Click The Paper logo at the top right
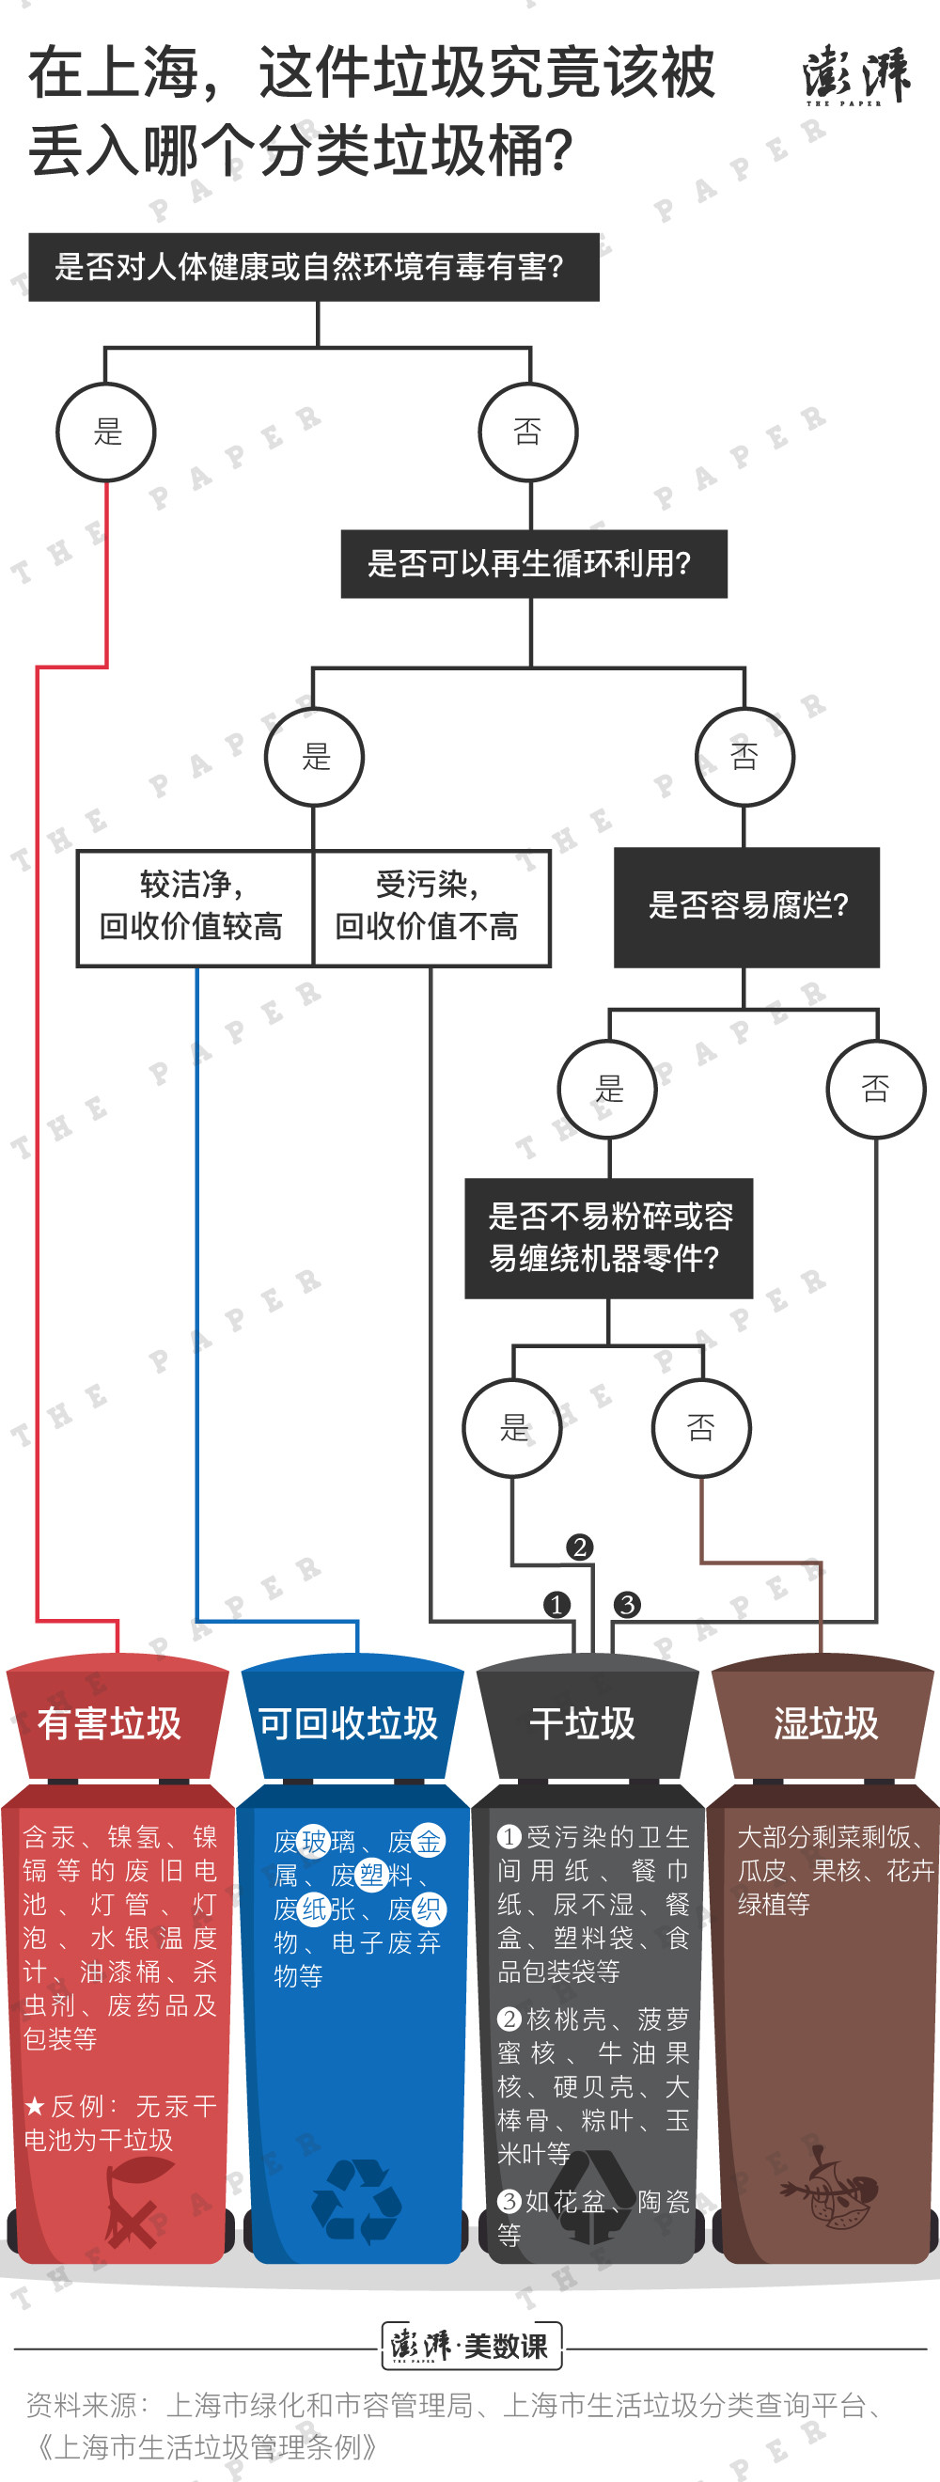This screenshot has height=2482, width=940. point(855,74)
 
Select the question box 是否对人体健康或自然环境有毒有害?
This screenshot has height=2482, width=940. point(314,267)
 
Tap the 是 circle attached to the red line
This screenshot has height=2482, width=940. point(106,432)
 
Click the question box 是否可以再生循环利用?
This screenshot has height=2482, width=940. point(534,564)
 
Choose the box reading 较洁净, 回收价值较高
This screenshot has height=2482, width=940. point(195,907)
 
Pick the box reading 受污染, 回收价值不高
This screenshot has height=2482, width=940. point(431,907)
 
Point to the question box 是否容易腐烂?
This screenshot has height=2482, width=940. point(746,906)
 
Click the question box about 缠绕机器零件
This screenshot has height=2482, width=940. point(609,1238)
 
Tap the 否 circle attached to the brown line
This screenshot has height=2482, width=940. point(701,1428)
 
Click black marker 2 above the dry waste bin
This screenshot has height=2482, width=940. point(579,1547)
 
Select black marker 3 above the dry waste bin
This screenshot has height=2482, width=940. point(627,1604)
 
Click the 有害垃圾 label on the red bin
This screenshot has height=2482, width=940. point(109,1723)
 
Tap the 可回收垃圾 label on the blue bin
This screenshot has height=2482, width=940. point(348,1723)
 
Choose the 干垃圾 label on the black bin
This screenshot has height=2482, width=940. point(583,1723)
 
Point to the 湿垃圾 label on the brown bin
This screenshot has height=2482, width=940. point(826,1723)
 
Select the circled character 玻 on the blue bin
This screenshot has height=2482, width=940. point(315,1841)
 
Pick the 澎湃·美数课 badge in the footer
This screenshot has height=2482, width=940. point(471,2345)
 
